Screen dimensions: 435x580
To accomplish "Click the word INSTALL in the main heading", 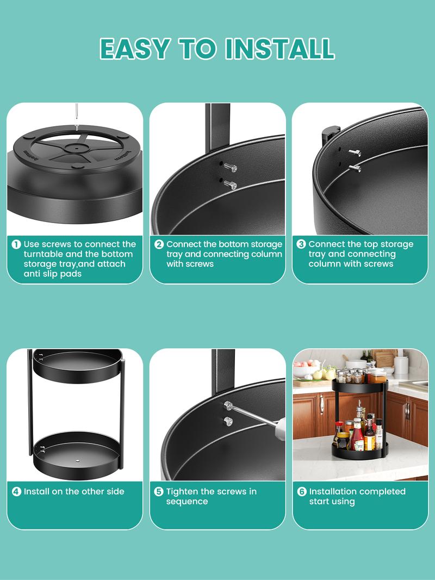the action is (280, 48).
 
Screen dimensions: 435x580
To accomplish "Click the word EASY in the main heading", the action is (135, 48).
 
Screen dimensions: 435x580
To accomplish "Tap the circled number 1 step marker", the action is (16, 244).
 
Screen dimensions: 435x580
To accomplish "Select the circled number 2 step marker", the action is (159, 244).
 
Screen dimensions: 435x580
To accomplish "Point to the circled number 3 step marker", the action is (301, 244).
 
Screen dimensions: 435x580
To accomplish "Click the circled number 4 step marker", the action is (17, 492).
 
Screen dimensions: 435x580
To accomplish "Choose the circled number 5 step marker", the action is (159, 492).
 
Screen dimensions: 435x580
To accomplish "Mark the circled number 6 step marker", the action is (302, 492).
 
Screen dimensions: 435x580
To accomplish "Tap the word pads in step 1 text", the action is (72, 274).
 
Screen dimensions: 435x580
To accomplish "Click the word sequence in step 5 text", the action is (187, 502).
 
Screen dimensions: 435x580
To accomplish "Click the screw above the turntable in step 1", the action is (77, 116).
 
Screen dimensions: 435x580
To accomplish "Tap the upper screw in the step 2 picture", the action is (230, 168).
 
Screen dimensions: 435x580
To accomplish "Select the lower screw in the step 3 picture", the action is (355, 168).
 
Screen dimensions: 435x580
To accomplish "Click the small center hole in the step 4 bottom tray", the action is (78, 460).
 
